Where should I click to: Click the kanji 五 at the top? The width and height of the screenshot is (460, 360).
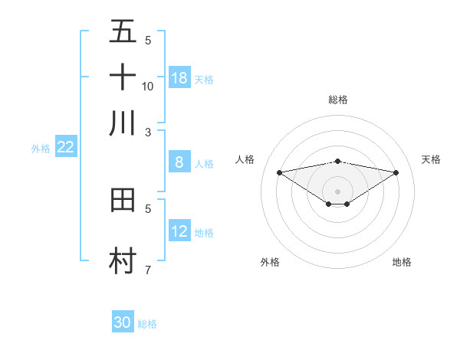123,31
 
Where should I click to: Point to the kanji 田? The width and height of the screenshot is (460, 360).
123,201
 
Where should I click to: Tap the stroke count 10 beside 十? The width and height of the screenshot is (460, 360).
148,86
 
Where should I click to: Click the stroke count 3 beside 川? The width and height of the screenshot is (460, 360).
148,132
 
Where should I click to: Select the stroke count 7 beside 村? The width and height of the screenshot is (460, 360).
148,270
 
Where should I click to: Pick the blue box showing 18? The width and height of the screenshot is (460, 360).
179,78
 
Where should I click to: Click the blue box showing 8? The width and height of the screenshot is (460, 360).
179,162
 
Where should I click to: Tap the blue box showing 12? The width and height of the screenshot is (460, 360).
179,231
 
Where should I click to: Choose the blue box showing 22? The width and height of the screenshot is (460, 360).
65,147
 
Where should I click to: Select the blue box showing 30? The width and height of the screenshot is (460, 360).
123,322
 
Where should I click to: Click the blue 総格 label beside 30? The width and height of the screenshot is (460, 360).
147,324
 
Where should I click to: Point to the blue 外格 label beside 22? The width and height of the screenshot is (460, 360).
40,149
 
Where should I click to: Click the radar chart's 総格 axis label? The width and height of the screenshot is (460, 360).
337,100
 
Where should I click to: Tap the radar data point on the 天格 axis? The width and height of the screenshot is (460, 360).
396,172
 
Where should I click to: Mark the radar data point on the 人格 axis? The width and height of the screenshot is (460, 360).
279,172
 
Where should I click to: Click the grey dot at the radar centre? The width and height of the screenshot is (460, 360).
337,191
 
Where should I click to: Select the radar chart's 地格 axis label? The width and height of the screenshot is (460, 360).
402,262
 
